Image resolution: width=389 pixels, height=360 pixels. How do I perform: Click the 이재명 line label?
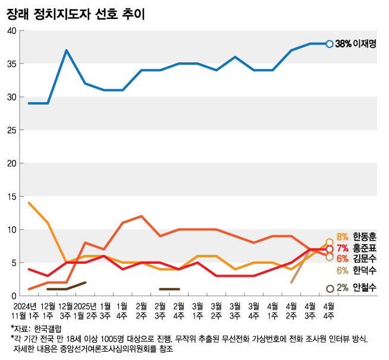pos(365,43)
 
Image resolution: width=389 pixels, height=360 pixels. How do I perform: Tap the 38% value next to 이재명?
pos(343,43)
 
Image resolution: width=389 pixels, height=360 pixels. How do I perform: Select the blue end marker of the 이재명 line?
pos(330,43)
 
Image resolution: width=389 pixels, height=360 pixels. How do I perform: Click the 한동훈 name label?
pos(364,236)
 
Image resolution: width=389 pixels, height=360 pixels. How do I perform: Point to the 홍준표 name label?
pos(364,248)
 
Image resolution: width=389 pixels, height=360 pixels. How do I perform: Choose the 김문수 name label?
pos(364,258)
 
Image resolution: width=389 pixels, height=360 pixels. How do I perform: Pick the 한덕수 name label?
pos(364,270)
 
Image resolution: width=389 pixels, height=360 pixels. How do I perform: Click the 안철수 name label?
pos(364,288)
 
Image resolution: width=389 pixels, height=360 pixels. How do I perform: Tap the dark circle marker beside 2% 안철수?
pos(330,288)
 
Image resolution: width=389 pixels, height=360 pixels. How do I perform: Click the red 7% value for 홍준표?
pos(343,248)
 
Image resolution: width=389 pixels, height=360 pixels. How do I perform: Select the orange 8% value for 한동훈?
pos(343,236)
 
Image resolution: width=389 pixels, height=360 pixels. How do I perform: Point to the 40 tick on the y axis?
pos(11,30)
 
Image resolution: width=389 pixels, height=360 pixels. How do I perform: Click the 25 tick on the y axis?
pos(11,130)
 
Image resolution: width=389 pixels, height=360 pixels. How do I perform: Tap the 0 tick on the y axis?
pos(13,295)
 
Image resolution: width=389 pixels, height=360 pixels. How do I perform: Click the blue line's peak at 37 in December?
pos(67,50)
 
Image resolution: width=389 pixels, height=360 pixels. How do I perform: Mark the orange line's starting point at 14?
pos(29,203)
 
